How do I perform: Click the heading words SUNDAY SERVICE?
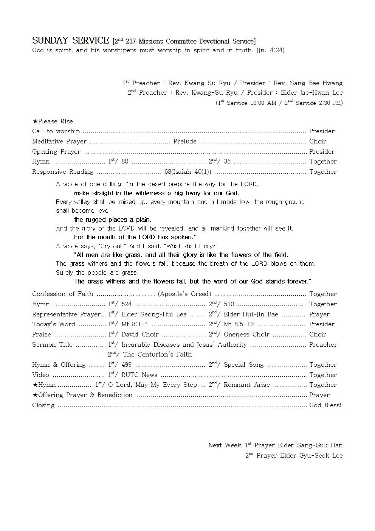pos(70,40)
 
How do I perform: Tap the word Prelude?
pos(185,142)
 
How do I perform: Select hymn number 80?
pos(125,162)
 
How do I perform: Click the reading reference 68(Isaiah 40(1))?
pos(187,172)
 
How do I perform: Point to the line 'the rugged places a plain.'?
pos(113,220)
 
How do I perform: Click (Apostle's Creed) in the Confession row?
pos(184,294)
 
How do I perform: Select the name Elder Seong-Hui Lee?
pos(154,315)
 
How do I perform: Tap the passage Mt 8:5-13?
pos(239,324)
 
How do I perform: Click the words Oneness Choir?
pos(246,335)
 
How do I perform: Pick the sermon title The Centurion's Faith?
pos(157,355)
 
